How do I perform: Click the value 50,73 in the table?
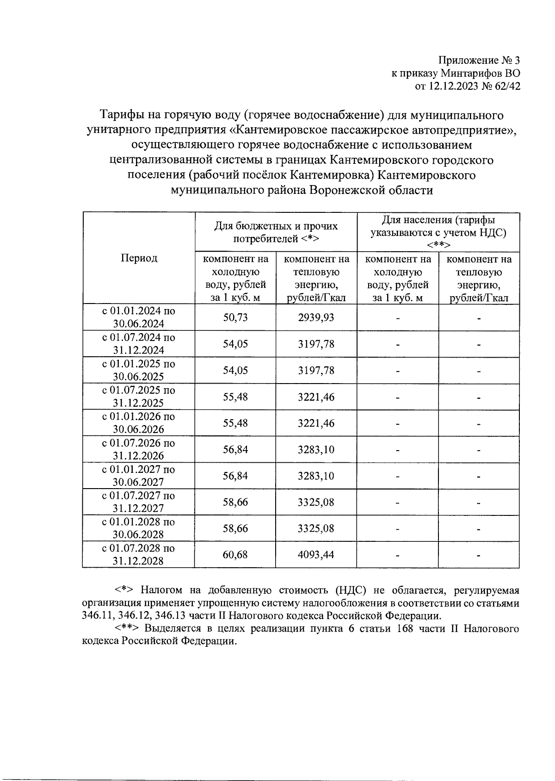pyautogui.click(x=235, y=317)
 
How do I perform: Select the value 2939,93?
pyautogui.click(x=316, y=317)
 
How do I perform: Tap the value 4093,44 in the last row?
pyautogui.click(x=316, y=554)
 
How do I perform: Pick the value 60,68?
pyautogui.click(x=235, y=554)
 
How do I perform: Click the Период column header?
pyautogui.click(x=139, y=258)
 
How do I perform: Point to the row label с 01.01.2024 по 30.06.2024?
pyautogui.click(x=139, y=317)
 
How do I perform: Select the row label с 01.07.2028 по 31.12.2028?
pyautogui.click(x=139, y=554)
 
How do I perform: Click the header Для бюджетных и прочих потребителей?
pyautogui.click(x=276, y=232)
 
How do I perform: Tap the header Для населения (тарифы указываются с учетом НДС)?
pyautogui.click(x=438, y=232)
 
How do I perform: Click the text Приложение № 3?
pyautogui.click(x=479, y=61)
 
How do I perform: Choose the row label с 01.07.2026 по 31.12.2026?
pyautogui.click(x=139, y=449)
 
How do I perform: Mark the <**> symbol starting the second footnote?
pyautogui.click(x=127, y=629)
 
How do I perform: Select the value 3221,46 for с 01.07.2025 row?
pyautogui.click(x=316, y=397)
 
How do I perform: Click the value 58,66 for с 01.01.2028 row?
pyautogui.click(x=235, y=528)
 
